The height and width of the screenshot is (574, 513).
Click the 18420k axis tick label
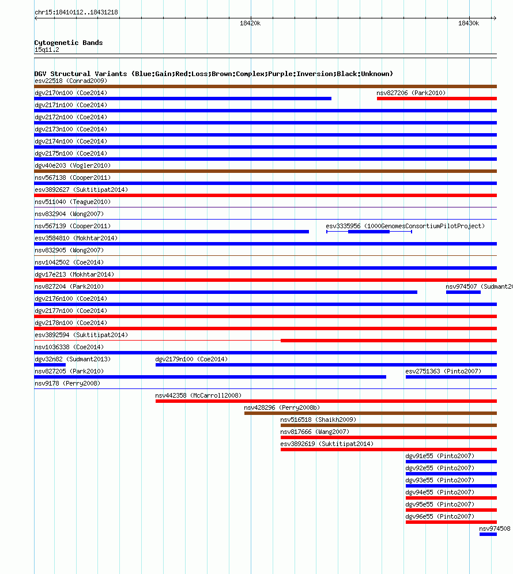pos(250,24)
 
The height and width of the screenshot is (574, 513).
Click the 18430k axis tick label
pos(468,24)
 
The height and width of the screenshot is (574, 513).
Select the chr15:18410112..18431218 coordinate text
pos(76,12)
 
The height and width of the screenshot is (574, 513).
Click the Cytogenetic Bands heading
pos(68,43)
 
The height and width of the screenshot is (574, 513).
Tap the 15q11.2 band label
pos(47,50)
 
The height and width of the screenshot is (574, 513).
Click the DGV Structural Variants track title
pos(213,74)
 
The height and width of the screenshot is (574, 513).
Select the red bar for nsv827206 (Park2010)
pos(436,99)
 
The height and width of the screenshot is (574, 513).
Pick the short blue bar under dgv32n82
pos(50,365)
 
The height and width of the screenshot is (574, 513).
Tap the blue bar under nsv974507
pos(463,292)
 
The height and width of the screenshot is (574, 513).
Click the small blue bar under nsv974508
pos(488,534)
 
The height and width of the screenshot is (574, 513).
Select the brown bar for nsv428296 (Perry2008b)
pos(370,413)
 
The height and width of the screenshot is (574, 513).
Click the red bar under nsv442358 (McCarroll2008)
pos(326,401)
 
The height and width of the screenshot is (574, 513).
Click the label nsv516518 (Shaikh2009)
pos(318,420)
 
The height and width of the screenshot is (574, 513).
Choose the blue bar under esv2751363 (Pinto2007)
pos(451,377)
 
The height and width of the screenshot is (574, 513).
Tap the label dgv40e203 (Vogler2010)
pos(73,165)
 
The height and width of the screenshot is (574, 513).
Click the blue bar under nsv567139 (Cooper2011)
pos(171,232)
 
